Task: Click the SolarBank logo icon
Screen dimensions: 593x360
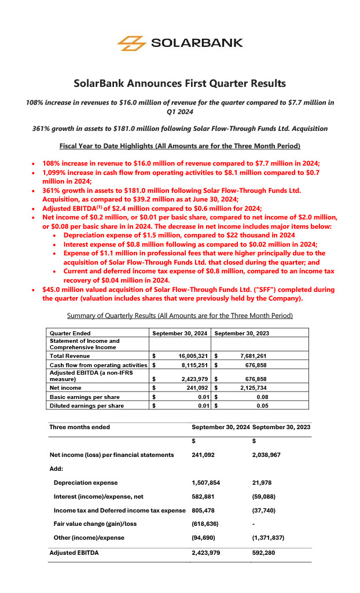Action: click(131, 43)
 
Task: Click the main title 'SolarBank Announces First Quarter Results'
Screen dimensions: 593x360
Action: click(179, 83)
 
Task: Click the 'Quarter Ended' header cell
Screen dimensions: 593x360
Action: click(70, 333)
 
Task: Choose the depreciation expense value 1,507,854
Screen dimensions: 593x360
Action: click(206, 482)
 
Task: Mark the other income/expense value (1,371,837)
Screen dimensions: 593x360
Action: click(269, 537)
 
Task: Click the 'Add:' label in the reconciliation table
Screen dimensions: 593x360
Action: click(57, 468)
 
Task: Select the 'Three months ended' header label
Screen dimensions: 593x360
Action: click(79, 427)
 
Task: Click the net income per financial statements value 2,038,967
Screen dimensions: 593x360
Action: click(267, 455)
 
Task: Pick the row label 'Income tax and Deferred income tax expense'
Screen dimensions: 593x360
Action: click(119, 510)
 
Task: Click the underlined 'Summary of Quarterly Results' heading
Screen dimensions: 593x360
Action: click(179, 316)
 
